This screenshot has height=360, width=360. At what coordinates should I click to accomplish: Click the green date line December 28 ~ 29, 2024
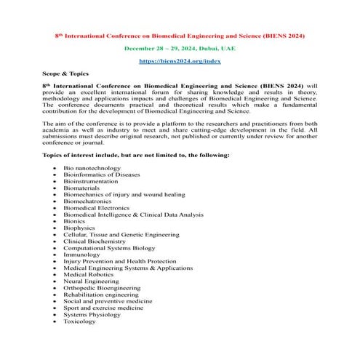(180, 48)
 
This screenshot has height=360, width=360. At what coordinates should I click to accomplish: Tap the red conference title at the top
(180, 35)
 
